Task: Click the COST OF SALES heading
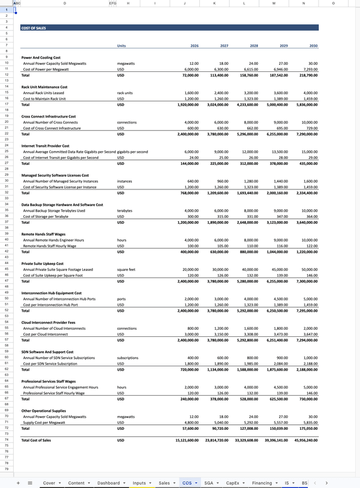[x=34, y=28]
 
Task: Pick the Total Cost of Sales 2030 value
[x=305, y=440]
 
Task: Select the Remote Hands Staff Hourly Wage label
[x=53, y=246]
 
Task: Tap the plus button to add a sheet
[x=19, y=482]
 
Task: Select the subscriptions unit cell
[x=129, y=358]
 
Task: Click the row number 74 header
[x=6, y=440]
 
